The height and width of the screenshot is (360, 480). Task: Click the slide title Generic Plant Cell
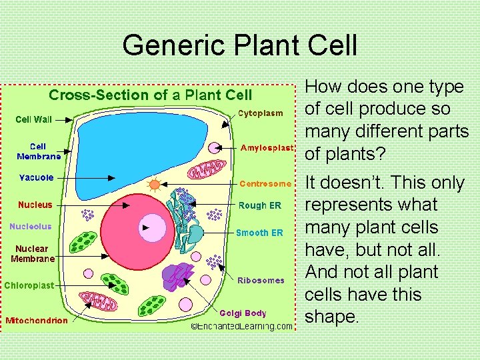pyautogui.click(x=240, y=45)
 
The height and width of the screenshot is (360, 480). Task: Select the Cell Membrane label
pyautogui.click(x=37, y=151)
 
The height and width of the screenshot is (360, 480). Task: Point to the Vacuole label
pyautogui.click(x=36, y=178)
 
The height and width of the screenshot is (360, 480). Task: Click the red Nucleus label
pyautogui.click(x=35, y=205)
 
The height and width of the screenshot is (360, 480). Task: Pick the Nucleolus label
pyautogui.click(x=30, y=227)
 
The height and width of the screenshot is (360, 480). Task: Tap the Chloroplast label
pyautogui.click(x=29, y=285)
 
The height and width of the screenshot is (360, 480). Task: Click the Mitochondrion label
pyautogui.click(x=37, y=320)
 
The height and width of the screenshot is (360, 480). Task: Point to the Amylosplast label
pyautogui.click(x=266, y=147)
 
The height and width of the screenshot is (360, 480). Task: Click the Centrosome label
pyautogui.click(x=265, y=183)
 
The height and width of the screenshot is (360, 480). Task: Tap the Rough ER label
pyautogui.click(x=261, y=206)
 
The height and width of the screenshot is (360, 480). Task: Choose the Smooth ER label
pyautogui.click(x=259, y=233)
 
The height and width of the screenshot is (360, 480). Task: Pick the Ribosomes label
pyautogui.click(x=261, y=281)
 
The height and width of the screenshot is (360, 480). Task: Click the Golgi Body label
pyautogui.click(x=243, y=313)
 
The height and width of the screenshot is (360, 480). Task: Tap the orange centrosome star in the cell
pyautogui.click(x=155, y=185)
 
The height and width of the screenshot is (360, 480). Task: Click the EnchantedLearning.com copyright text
pyautogui.click(x=241, y=326)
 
